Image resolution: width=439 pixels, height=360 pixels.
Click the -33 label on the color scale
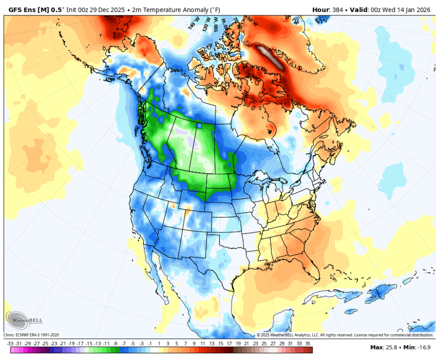coord(10,344)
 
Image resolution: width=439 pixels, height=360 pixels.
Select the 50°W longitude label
coord(252,21)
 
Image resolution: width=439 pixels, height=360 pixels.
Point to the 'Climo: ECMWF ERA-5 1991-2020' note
coord(31,335)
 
